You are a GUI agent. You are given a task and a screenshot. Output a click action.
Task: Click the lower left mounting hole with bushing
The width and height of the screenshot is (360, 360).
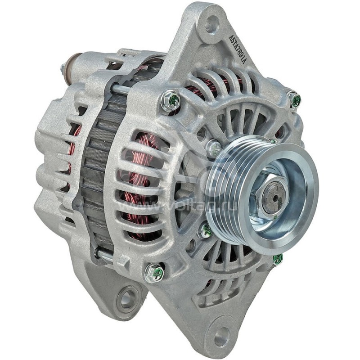pyautogui.click(x=128, y=298)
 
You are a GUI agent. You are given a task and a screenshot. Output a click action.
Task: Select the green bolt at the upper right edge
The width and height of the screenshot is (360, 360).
pyautogui.click(x=295, y=100)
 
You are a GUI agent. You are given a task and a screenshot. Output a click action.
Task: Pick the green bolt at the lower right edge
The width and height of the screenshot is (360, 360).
pyautogui.click(x=278, y=259)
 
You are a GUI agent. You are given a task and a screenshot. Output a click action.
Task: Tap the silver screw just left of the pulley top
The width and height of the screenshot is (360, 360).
pyautogui.click(x=213, y=148)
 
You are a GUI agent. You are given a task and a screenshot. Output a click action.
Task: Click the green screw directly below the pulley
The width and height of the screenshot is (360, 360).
pyautogui.click(x=205, y=231)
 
